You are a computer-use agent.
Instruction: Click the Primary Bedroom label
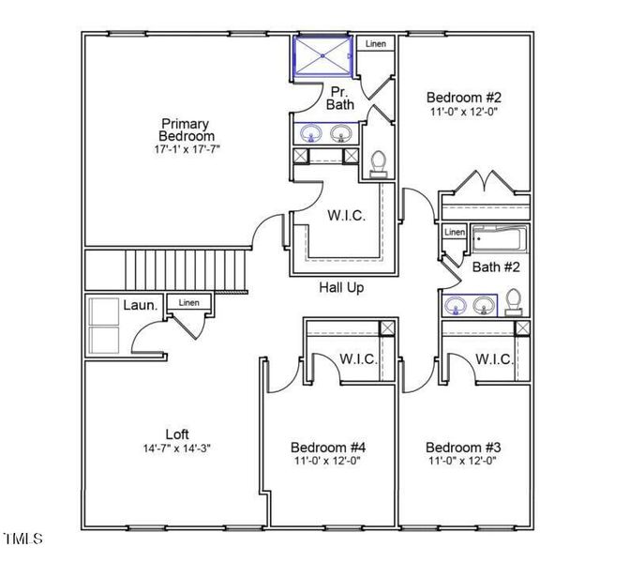[x=185, y=129]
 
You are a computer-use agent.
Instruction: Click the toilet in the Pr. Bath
[x=379, y=165]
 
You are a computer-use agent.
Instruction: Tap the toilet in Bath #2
[x=514, y=301]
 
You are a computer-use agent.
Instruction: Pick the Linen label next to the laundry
[x=189, y=303]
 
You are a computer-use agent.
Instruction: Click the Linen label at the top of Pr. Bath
[x=375, y=44]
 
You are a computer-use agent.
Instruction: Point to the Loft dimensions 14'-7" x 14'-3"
[x=177, y=449]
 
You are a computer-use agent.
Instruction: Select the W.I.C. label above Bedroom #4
[x=358, y=358]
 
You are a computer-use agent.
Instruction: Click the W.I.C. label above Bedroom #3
[x=493, y=358]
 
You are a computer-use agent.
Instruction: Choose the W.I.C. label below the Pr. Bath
[x=346, y=215]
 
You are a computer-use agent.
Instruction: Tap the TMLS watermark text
[x=23, y=539]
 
